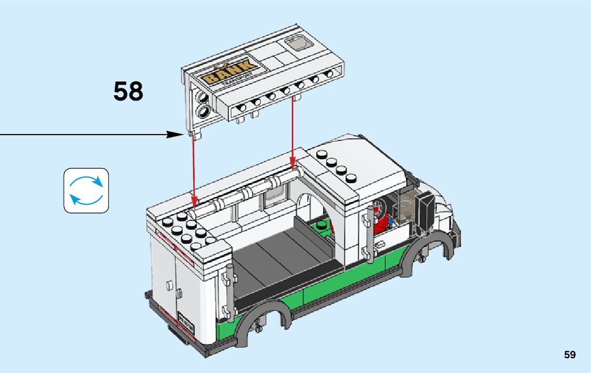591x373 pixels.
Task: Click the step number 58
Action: tap(128, 92)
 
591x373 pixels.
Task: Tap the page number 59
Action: tap(570, 355)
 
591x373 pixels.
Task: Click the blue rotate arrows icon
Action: tap(86, 190)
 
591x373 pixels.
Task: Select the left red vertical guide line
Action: tap(194, 168)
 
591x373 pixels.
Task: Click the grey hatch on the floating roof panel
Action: tap(297, 45)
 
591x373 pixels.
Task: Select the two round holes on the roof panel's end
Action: tap(202, 104)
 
